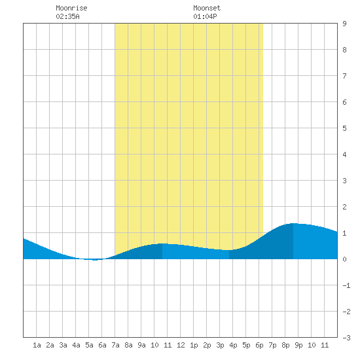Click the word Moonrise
[x=71, y=8]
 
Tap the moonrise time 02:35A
[x=67, y=16]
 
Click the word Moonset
[x=207, y=8]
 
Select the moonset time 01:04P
[x=205, y=16]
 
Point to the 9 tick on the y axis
[x=344, y=24]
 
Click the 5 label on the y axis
[x=344, y=128]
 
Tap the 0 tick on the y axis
[x=344, y=259]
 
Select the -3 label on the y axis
[x=346, y=338]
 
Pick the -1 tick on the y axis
[x=346, y=285]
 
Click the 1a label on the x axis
[x=37, y=345]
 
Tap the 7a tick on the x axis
[x=115, y=345]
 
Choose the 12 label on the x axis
[x=181, y=345]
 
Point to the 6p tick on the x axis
[x=259, y=345]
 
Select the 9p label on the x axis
[x=298, y=345]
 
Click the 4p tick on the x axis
[x=233, y=345]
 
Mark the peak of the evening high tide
[x=293, y=223]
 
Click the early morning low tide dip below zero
[x=95, y=260]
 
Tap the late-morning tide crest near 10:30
[x=162, y=243]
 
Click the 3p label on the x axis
[x=220, y=345]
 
